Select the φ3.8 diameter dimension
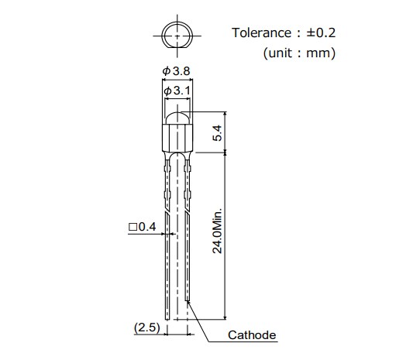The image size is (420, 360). coord(177,71)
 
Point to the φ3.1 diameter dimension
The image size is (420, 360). coord(177,91)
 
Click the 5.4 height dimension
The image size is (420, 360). coord(218,132)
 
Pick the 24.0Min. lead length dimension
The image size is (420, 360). coord(218,230)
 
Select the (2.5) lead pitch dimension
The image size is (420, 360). coord(146,327)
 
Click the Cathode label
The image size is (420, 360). coord(252,335)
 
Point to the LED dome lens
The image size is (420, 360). coord(178,118)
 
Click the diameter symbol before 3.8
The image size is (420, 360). coord(167,71)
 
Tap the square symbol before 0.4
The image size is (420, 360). coord(133,227)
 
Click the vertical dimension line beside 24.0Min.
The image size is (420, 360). coord(225,232)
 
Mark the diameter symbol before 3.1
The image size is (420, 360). coord(167,91)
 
